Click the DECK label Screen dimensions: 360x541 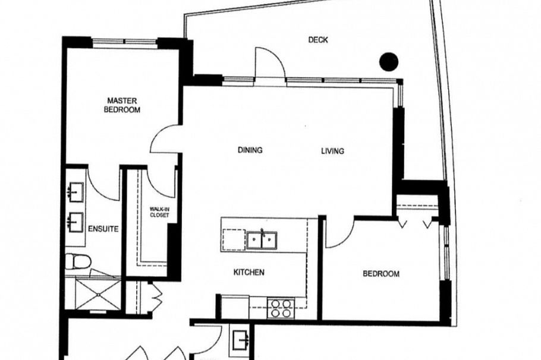point(318,40)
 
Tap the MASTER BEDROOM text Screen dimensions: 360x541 point(122,105)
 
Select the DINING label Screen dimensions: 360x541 point(250,150)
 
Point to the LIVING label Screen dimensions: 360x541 point(332,151)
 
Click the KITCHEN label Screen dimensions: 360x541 point(249,273)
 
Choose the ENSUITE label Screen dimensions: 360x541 point(103,228)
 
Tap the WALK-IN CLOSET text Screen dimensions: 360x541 point(159,211)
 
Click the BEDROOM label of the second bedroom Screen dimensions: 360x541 point(381,274)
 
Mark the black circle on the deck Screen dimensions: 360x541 point(389,61)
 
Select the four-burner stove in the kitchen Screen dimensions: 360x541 point(280,307)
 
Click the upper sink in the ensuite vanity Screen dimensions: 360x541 point(76,192)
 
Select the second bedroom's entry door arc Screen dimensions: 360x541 point(340,233)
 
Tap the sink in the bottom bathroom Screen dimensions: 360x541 point(241,339)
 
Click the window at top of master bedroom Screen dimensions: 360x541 point(124,42)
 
